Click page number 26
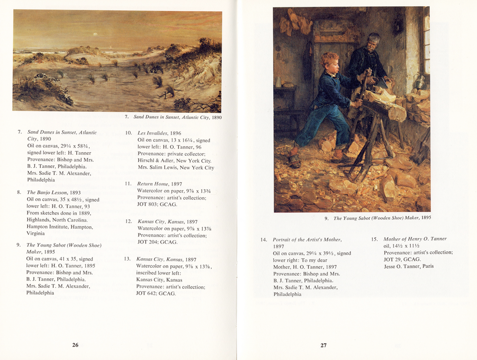(75, 345)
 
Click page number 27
(323, 345)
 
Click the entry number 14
(264, 240)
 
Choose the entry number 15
(374, 239)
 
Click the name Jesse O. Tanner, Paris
(409, 266)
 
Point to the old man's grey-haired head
(373, 41)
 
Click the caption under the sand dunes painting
(174, 117)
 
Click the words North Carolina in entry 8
(65, 220)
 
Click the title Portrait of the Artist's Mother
(307, 240)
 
